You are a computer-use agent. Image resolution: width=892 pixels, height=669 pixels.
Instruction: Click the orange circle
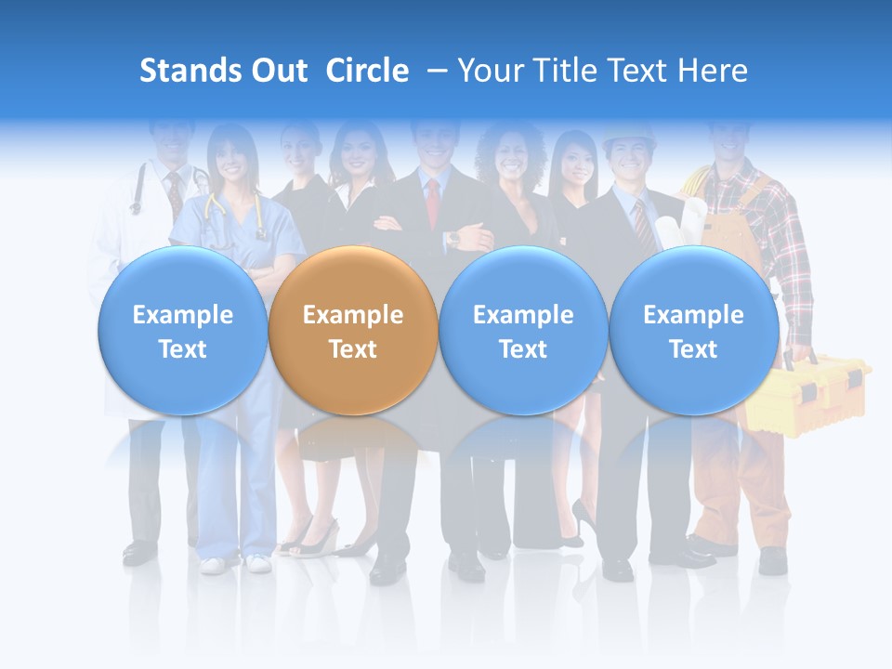tap(353, 331)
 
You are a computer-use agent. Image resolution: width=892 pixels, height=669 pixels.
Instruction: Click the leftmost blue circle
tap(182, 331)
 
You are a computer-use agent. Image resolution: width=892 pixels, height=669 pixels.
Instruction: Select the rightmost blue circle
tap(693, 331)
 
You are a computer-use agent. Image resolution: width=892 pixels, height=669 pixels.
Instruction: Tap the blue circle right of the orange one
tap(523, 331)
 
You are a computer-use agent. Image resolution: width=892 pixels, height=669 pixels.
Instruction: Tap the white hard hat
tap(628, 137)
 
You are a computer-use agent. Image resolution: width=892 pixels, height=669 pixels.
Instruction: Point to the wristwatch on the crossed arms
tap(453, 238)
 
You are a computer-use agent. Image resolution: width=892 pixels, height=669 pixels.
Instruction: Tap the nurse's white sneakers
tap(232, 563)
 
